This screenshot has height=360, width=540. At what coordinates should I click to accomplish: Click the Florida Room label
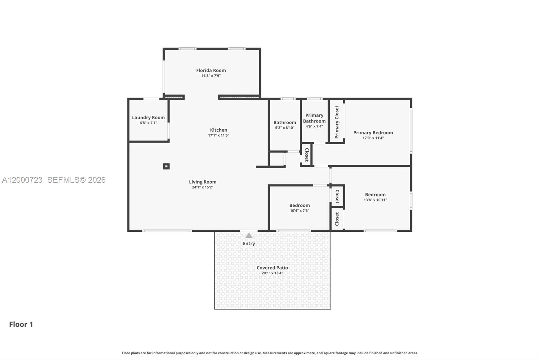click(x=211, y=70)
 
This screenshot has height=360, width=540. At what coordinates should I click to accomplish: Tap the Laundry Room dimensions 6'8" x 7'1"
click(x=148, y=123)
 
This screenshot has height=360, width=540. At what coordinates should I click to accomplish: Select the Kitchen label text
click(x=218, y=130)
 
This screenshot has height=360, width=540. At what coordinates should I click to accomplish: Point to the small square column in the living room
click(x=166, y=166)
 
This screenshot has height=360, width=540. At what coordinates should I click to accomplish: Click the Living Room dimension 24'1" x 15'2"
click(x=202, y=187)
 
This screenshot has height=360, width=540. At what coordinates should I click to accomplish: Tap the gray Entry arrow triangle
click(x=249, y=236)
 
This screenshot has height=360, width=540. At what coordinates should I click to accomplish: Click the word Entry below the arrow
click(x=249, y=243)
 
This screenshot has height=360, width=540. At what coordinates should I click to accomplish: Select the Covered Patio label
click(x=272, y=268)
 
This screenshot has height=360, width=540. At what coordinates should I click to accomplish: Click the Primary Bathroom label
click(x=314, y=118)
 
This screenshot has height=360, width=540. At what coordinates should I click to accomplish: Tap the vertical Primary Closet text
click(x=336, y=122)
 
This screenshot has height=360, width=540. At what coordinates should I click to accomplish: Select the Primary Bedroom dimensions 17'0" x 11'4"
click(x=373, y=138)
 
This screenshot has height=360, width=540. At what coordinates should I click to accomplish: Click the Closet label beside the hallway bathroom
click(x=306, y=155)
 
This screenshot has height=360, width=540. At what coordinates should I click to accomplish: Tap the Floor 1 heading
click(x=21, y=324)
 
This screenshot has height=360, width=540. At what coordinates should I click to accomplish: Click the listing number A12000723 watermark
click(x=22, y=180)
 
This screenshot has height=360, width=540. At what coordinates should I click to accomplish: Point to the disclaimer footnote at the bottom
click(x=270, y=353)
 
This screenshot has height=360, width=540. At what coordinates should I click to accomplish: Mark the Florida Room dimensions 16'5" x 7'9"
click(x=211, y=76)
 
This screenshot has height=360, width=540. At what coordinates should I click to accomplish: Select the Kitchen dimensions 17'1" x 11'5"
click(x=218, y=135)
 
